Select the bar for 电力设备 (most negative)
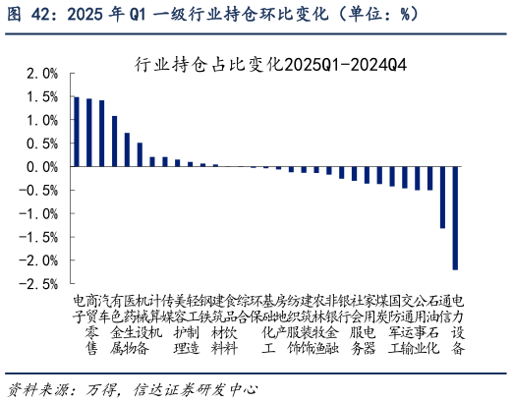point(455,217)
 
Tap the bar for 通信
point(442,197)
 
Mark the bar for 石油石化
point(429,178)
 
